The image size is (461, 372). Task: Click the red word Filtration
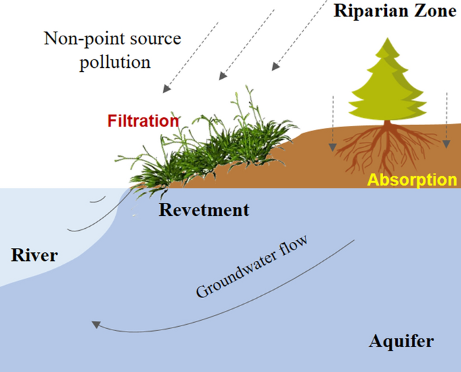coord(143,122)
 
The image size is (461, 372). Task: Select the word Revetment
coord(204,210)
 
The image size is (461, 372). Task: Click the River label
coord(34,256)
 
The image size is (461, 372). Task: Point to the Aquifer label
coord(401,342)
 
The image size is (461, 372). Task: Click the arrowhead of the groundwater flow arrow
coord(96,325)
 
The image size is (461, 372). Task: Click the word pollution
coord(114,63)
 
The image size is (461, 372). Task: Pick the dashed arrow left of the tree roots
coord(332,124)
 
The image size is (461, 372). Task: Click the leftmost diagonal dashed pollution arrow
coord(192,57)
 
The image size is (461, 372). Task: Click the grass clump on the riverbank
coord(202,145)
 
